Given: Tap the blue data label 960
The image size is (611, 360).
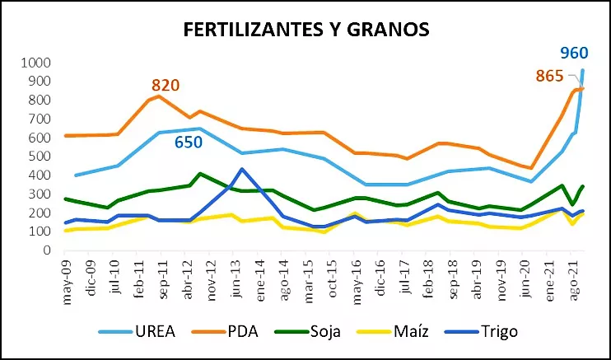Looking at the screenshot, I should click(x=574, y=54).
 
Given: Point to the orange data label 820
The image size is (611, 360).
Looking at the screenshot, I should click(x=165, y=85).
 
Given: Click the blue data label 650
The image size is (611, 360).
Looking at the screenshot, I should click(x=190, y=143).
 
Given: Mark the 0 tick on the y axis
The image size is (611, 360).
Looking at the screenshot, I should click(x=47, y=250).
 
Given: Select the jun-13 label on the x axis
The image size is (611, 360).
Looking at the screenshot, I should click(x=236, y=281).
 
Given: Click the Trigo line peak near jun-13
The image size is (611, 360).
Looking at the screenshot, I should click(x=240, y=169).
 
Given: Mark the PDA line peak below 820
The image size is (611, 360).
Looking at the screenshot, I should click(x=158, y=96).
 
